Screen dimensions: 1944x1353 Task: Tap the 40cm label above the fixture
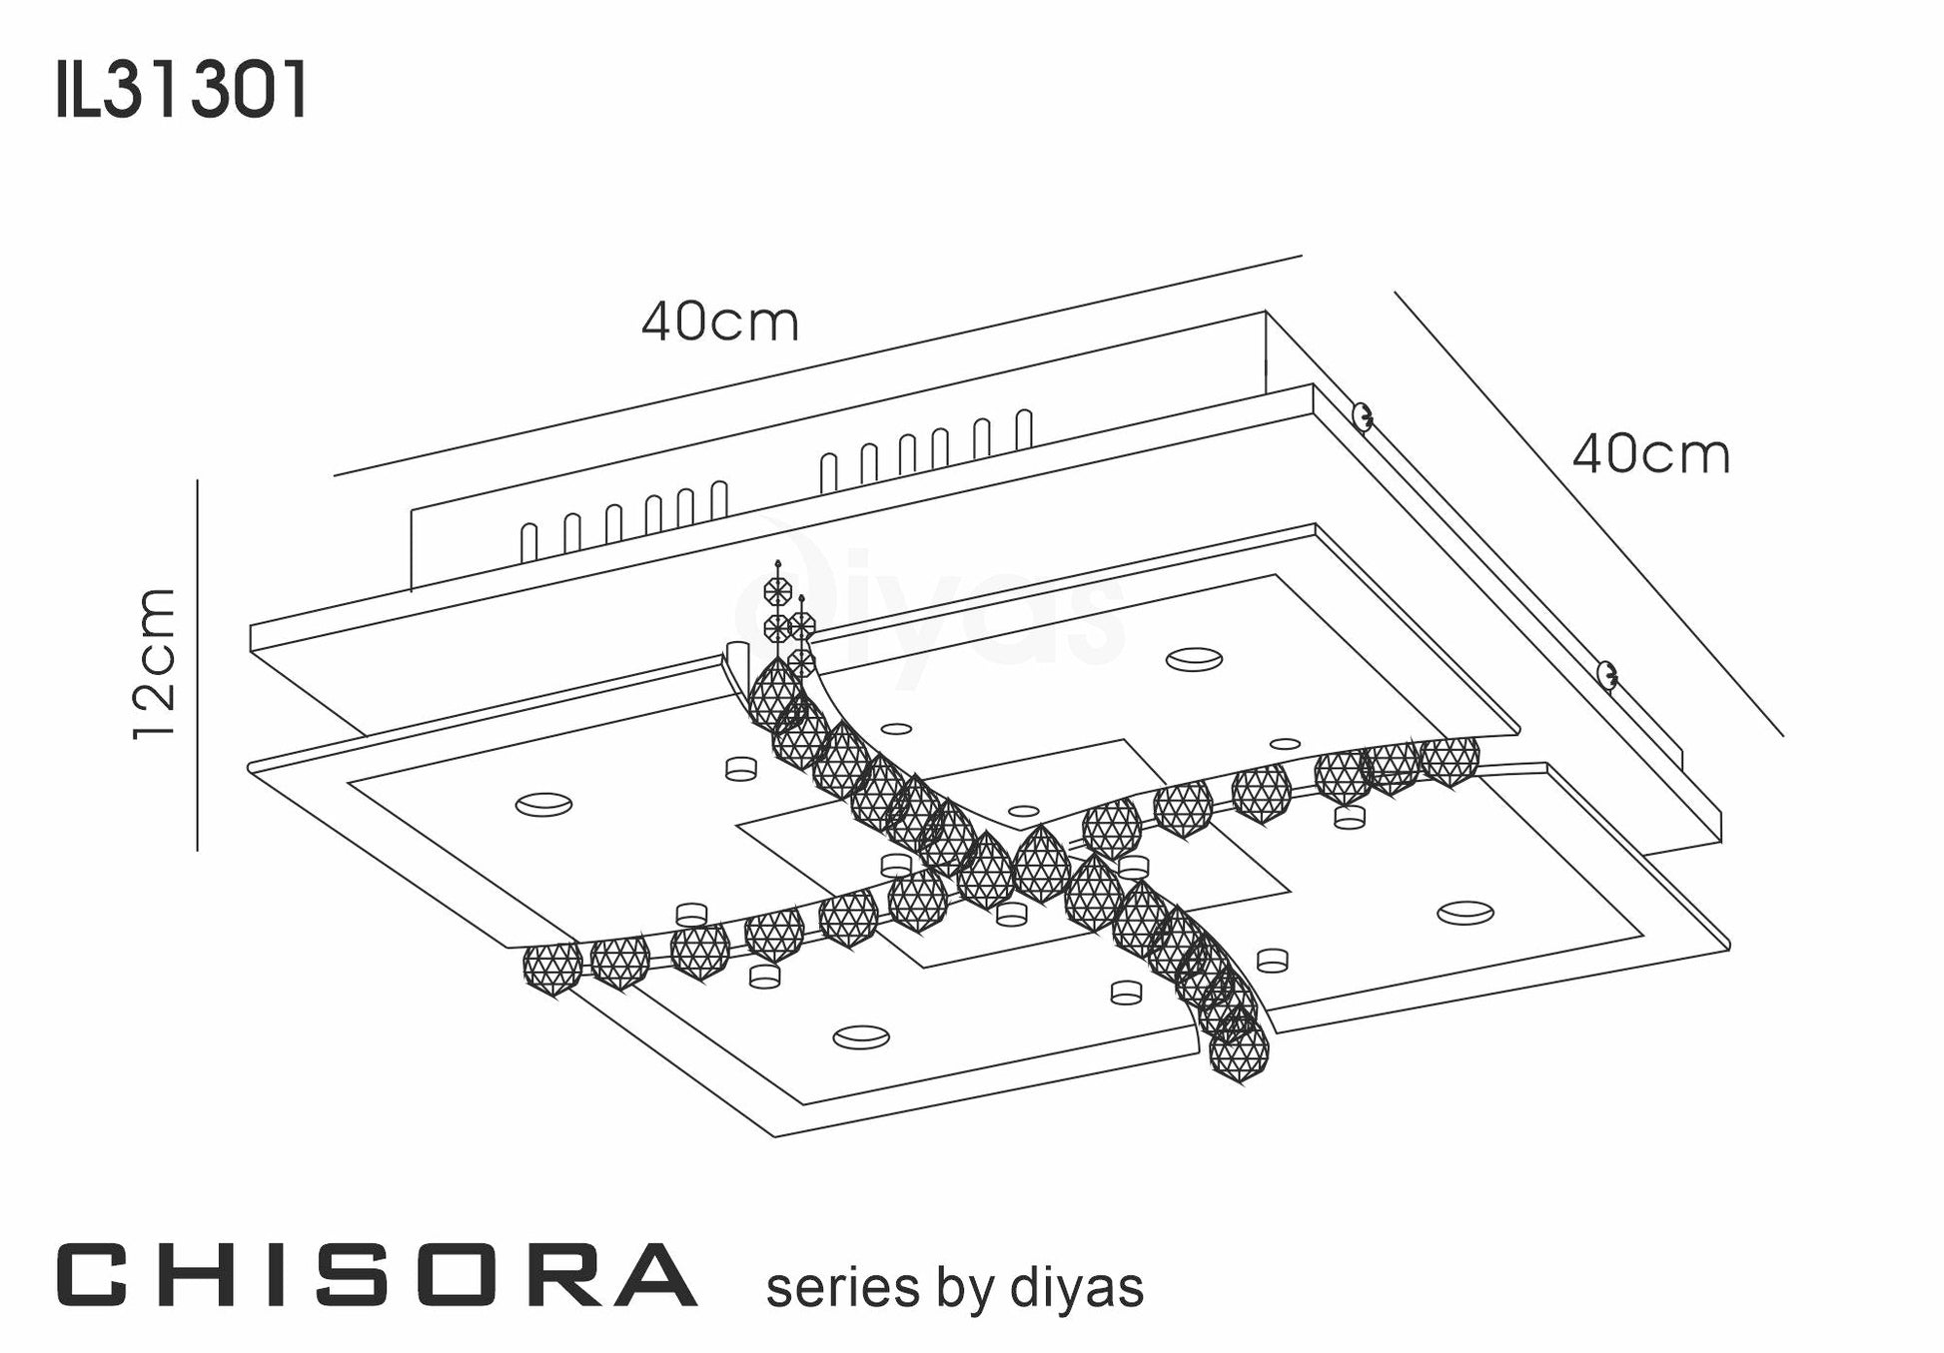pos(720,322)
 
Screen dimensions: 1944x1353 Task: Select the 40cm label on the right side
pos(1651,454)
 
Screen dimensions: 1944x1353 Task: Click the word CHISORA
pos(376,1275)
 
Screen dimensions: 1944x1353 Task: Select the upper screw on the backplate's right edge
pos(1360,416)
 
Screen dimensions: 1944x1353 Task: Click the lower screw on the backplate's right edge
pos(1606,675)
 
